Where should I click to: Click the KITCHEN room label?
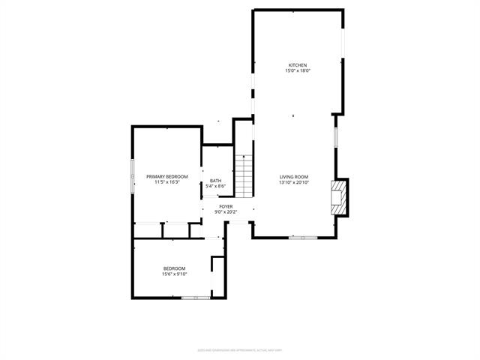(298, 65)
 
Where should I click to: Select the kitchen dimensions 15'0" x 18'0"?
(298, 71)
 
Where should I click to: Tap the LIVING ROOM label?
(294, 176)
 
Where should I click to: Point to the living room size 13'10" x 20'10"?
(294, 182)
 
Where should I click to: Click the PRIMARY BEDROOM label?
(166, 176)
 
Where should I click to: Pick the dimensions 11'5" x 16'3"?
(166, 182)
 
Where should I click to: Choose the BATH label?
(215, 180)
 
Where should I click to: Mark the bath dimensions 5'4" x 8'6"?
(215, 186)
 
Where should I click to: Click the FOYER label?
(226, 206)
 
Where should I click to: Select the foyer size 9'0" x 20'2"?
(226, 212)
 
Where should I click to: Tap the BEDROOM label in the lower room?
(174, 268)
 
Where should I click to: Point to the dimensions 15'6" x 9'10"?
(174, 274)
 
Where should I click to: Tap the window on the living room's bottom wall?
(303, 238)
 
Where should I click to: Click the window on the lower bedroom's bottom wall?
(195, 298)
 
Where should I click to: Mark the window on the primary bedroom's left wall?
(133, 176)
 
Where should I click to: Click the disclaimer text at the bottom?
(239, 349)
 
